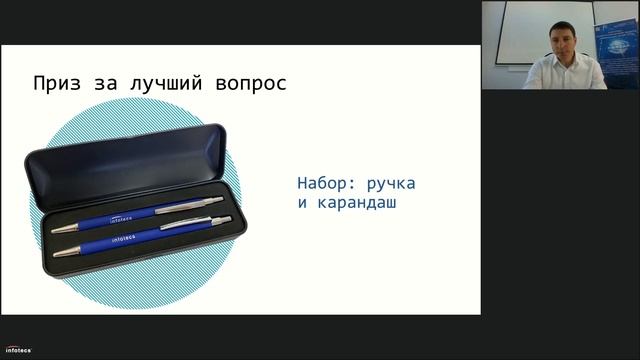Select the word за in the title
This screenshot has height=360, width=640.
[108, 82]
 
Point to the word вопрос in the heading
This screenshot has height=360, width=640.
[249, 82]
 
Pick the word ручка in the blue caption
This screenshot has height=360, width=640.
[391, 184]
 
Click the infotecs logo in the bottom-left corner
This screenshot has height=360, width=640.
[17, 350]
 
